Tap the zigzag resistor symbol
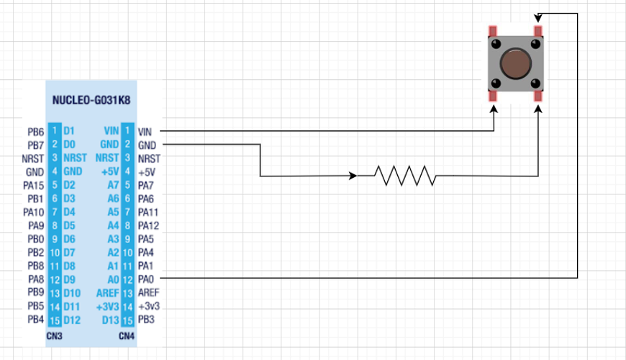[x=404, y=175]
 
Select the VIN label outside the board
[x=145, y=132]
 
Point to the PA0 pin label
[x=146, y=279]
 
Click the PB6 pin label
[x=35, y=132]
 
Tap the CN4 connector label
[x=127, y=336]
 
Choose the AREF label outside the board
[x=148, y=293]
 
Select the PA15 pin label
[x=34, y=186]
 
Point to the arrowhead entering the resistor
[x=353, y=176]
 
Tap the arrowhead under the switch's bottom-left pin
[x=494, y=109]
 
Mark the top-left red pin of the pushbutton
[x=493, y=32]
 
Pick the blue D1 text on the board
[x=68, y=132]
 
